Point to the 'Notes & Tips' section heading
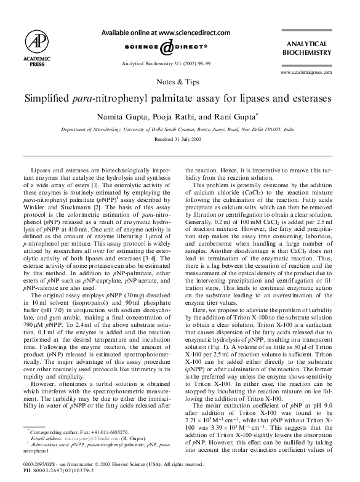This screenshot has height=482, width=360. tap(178, 81)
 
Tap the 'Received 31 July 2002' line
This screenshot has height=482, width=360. tap(178, 140)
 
